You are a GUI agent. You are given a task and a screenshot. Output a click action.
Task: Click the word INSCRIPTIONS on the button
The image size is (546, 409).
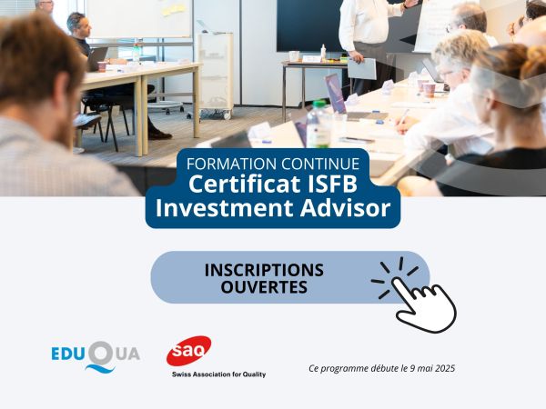(264, 270)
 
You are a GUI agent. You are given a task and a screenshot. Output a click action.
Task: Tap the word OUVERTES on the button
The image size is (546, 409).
(264, 288)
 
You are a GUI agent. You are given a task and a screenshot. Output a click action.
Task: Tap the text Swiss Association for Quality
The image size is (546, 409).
(218, 374)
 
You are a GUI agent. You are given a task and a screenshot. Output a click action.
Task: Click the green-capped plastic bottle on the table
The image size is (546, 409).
(318, 125)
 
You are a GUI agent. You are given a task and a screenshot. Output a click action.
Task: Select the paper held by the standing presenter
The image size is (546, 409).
(361, 67)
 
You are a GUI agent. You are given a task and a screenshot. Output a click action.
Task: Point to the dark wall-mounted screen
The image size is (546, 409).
(310, 24)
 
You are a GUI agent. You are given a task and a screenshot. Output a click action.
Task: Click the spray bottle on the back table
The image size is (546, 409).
(322, 51)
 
